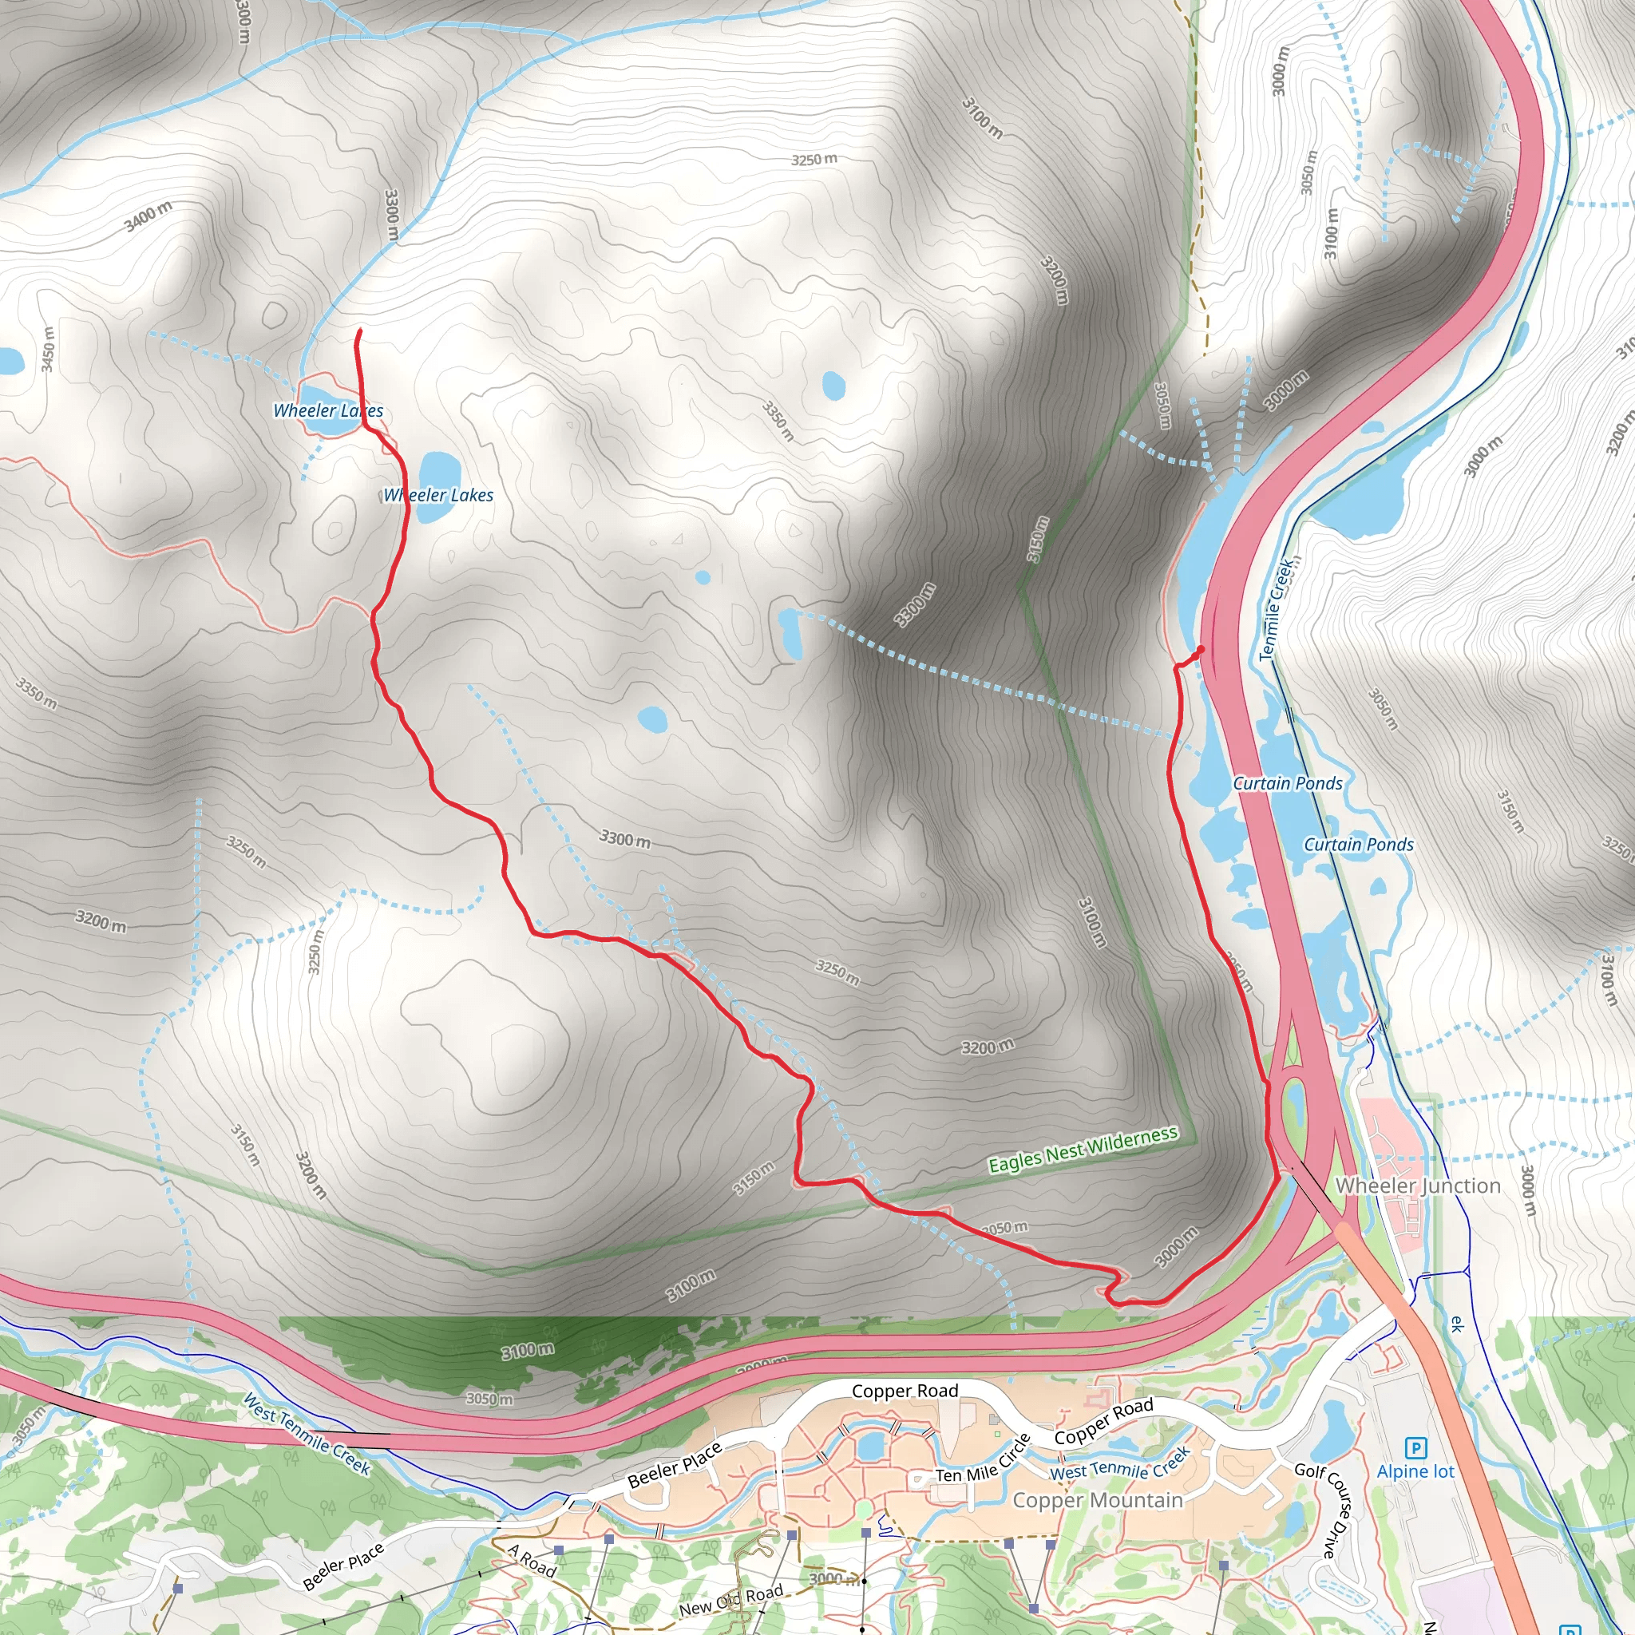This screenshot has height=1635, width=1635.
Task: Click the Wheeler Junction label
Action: pyautogui.click(x=1418, y=1186)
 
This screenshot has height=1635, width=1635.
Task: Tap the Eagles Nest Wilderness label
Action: pyautogui.click(x=1083, y=1150)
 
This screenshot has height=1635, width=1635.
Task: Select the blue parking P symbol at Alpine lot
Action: pyautogui.click(x=1414, y=1448)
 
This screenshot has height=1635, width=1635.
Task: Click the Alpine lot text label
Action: pyautogui.click(x=1415, y=1471)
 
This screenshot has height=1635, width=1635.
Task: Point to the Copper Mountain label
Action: pyautogui.click(x=1098, y=1500)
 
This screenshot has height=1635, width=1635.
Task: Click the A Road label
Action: pyautogui.click(x=532, y=1561)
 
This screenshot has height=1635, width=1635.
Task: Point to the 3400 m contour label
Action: pyautogui.click(x=148, y=216)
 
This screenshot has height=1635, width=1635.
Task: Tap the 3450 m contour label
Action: pyautogui.click(x=47, y=349)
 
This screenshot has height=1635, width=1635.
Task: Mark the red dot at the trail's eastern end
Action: pyautogui.click(x=1200, y=649)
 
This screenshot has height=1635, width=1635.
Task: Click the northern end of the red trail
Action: pyautogui.click(x=361, y=331)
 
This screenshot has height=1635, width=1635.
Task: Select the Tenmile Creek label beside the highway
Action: pyautogui.click(x=1277, y=607)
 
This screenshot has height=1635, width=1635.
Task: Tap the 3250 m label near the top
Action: pyautogui.click(x=814, y=159)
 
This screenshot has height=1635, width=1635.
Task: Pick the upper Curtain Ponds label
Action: pyautogui.click(x=1287, y=784)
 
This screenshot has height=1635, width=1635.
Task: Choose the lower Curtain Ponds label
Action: pyautogui.click(x=1358, y=845)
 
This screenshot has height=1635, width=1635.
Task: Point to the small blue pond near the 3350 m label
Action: pyautogui.click(x=833, y=385)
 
